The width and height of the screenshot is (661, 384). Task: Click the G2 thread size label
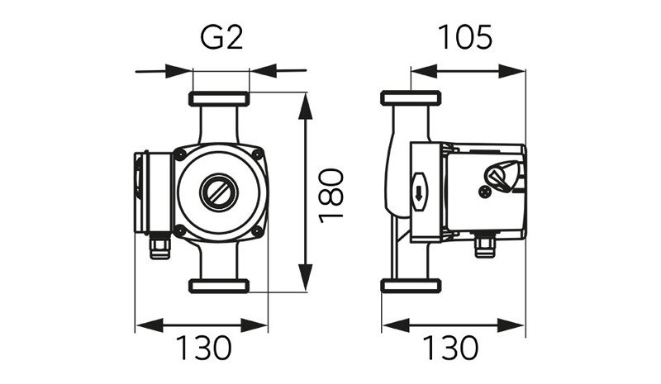(221, 37)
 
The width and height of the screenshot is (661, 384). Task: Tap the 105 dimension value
(465, 37)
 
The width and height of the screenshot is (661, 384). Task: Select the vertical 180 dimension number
(331, 196)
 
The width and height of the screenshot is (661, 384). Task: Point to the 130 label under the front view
(203, 348)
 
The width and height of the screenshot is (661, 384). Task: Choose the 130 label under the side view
(450, 348)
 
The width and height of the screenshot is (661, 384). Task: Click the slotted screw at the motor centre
(219, 193)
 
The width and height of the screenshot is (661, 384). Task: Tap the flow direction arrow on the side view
(419, 192)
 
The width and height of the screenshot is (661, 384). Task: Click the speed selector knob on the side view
(502, 175)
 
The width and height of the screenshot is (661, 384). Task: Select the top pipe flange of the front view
(219, 98)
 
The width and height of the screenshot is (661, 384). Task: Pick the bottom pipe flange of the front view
(219, 286)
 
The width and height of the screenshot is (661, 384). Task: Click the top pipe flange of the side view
(411, 98)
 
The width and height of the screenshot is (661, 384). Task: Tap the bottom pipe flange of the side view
(411, 286)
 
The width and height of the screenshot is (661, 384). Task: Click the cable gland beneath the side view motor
(485, 246)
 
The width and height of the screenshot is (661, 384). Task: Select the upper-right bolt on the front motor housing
(256, 154)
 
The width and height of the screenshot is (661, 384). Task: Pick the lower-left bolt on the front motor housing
(180, 230)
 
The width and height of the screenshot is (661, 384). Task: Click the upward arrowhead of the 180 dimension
(306, 107)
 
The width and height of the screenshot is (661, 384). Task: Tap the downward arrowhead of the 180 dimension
(306, 277)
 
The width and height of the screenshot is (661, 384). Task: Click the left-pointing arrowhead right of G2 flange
(263, 70)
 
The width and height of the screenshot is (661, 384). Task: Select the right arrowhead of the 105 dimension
(511, 71)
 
